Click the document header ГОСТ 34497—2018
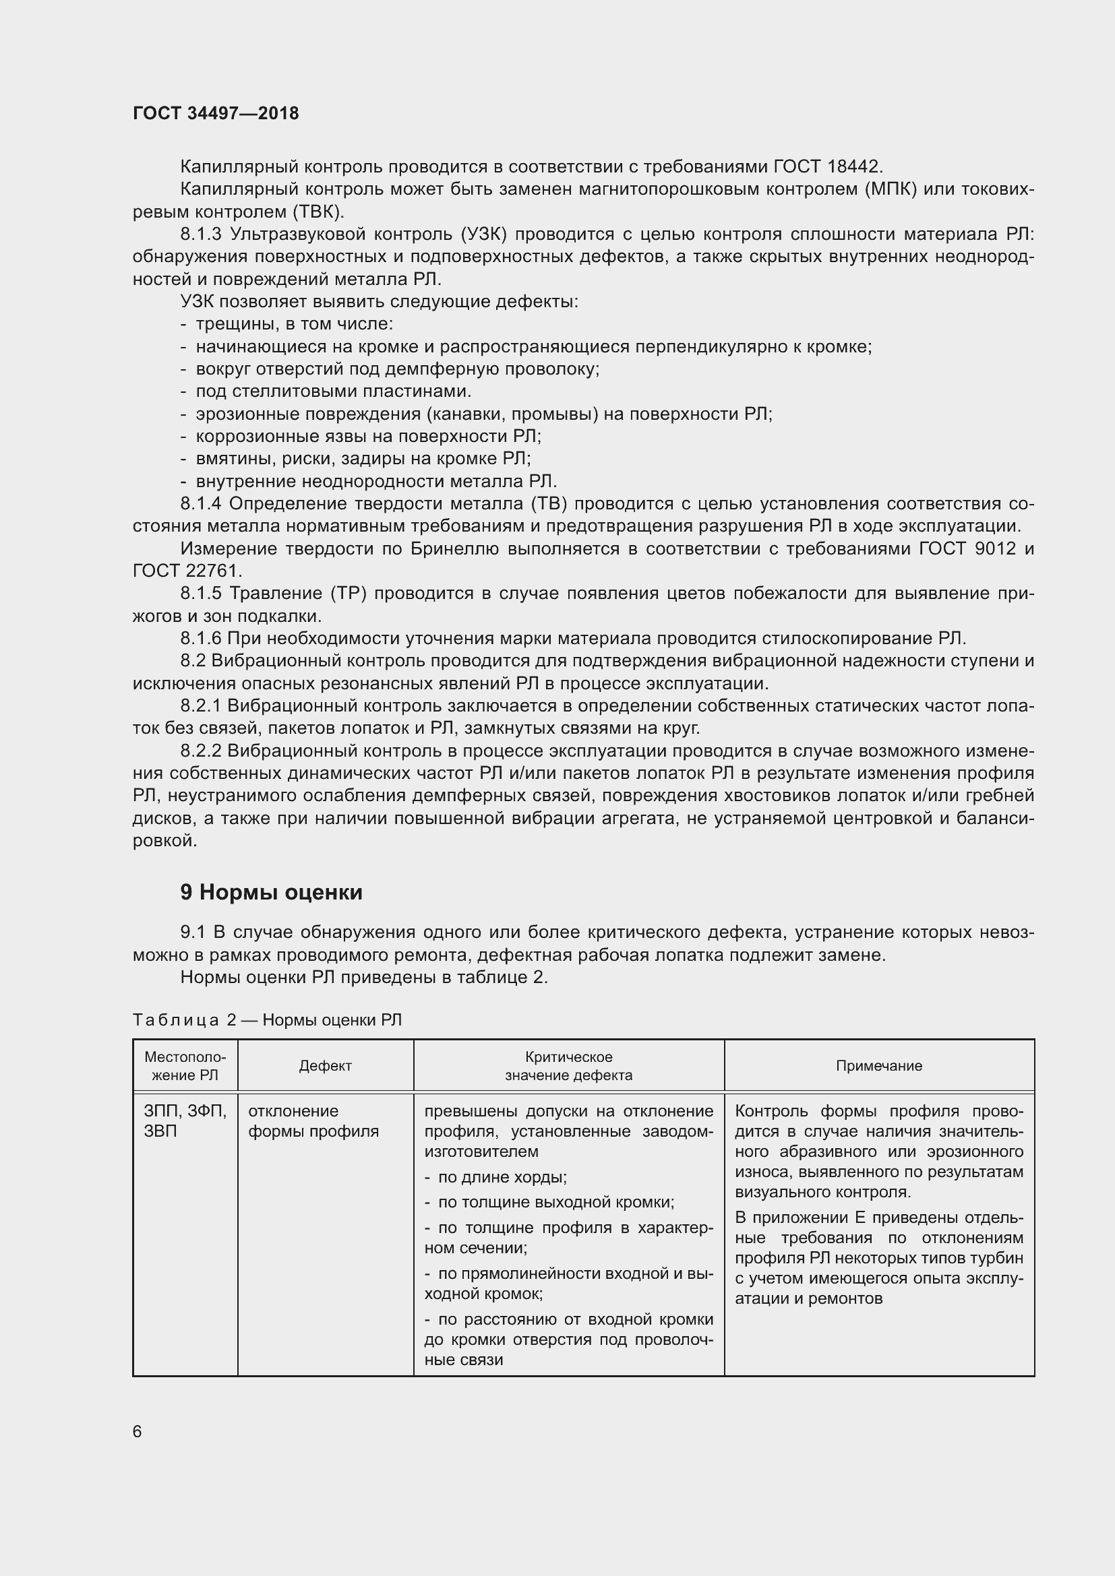[216, 114]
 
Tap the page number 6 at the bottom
[138, 1431]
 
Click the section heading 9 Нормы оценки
[271, 892]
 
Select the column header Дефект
[326, 1065]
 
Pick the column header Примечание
[879, 1065]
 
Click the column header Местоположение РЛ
[185, 1065]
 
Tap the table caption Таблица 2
[184, 1020]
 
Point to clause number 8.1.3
[201, 234]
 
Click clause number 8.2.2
[201, 751]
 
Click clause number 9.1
[193, 932]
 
